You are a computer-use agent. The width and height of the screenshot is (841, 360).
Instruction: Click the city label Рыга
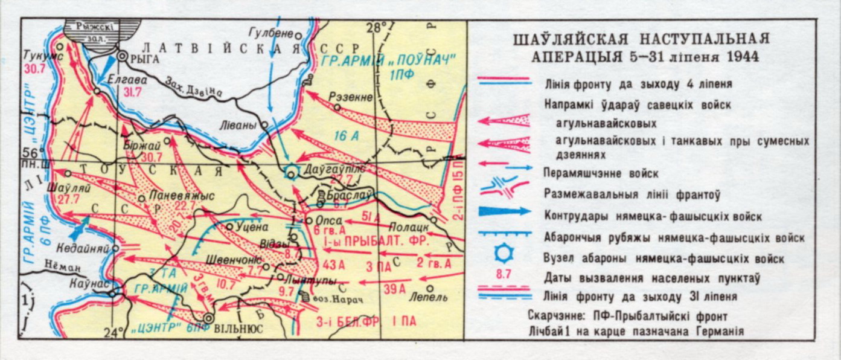pyautogui.click(x=145, y=59)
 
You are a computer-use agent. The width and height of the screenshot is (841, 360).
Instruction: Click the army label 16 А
pyautogui.click(x=345, y=137)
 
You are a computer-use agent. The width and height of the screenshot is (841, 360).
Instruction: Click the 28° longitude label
pyautogui.click(x=376, y=27)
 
